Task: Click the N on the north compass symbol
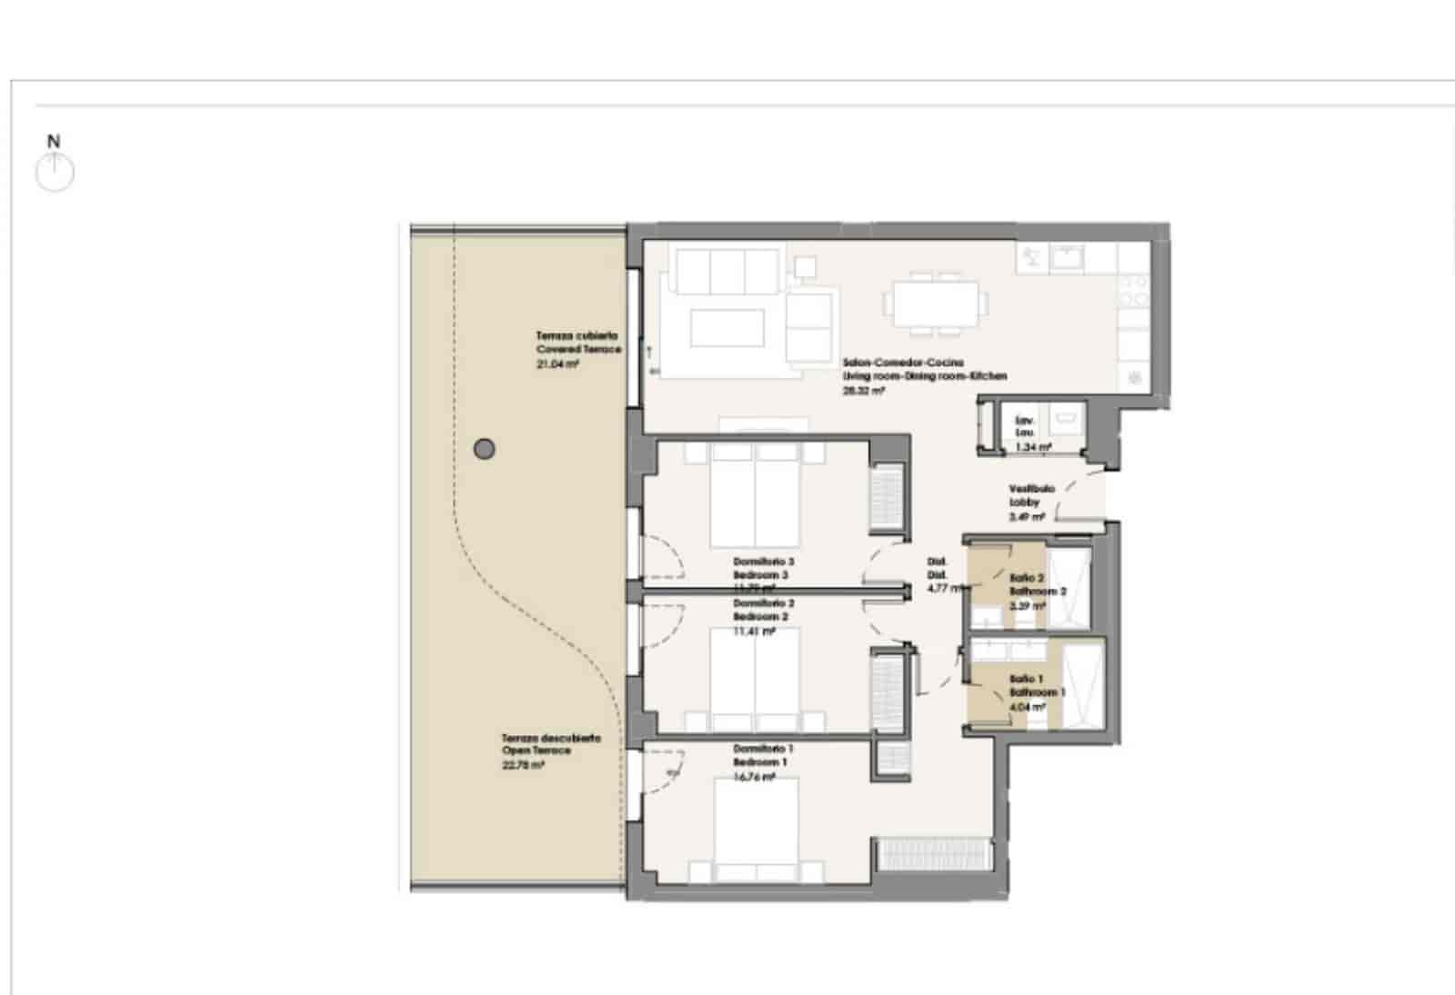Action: [x=54, y=142]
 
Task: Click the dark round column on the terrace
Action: [x=485, y=448]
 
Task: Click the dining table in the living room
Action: [x=936, y=303]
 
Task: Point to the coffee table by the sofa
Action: [x=727, y=328]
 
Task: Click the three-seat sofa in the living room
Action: [x=725, y=270]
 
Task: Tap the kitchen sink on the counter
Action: [x=1066, y=258]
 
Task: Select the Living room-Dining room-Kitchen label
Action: [x=924, y=375]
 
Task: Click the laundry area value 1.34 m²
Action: [x=1033, y=447]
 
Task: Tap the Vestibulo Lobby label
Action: [x=1031, y=495]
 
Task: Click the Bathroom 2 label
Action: [x=1036, y=591]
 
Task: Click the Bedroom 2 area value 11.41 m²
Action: [x=754, y=631]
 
